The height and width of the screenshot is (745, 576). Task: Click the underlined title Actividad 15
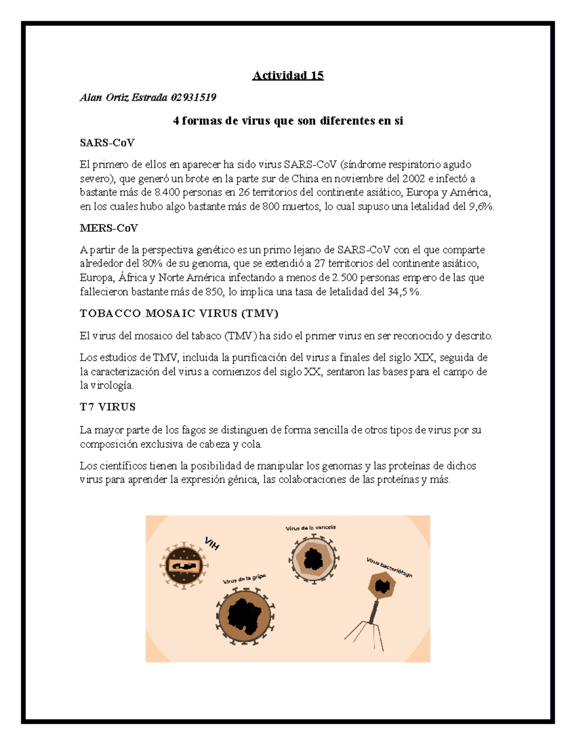[x=288, y=75]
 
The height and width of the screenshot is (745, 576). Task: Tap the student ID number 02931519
[x=193, y=97]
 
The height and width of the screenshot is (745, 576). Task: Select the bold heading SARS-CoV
[x=107, y=142]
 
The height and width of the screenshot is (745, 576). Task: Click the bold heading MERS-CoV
[x=109, y=228]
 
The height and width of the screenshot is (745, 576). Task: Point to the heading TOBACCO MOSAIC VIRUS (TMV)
[x=179, y=314]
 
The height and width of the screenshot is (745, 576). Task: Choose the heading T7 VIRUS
[x=108, y=407]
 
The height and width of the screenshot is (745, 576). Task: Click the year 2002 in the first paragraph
[x=414, y=178]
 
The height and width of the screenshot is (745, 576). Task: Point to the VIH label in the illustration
[x=212, y=544]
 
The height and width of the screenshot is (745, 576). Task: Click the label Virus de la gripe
[x=244, y=579]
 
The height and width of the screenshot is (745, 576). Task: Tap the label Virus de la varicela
[x=311, y=528]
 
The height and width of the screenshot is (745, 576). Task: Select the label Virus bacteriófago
[x=389, y=568]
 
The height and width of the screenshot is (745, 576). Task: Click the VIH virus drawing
[x=184, y=566]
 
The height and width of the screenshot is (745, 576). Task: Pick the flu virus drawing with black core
[x=245, y=615]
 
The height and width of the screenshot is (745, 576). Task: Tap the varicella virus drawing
[x=313, y=559]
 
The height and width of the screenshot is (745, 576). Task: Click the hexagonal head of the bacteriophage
[x=382, y=586]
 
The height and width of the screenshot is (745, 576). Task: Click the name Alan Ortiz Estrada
[x=123, y=97]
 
